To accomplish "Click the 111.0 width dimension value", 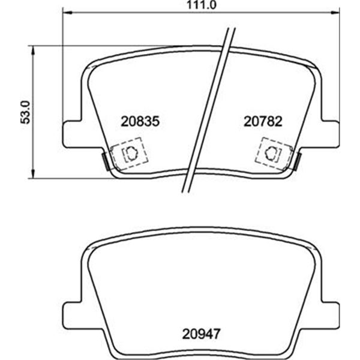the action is pos(202,5).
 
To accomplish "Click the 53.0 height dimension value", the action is pos(25,112).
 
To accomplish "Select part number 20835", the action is pos(140,121).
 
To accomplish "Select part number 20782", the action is pos(263,121).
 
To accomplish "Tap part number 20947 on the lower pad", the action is pos(202,334).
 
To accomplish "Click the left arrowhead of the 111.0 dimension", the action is pos(68,13).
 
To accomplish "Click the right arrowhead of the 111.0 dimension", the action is pos(335,13).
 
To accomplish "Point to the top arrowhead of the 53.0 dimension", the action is pos(34,50).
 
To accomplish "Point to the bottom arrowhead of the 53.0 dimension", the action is pos(34,173).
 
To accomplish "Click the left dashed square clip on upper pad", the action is pos(129,153).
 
